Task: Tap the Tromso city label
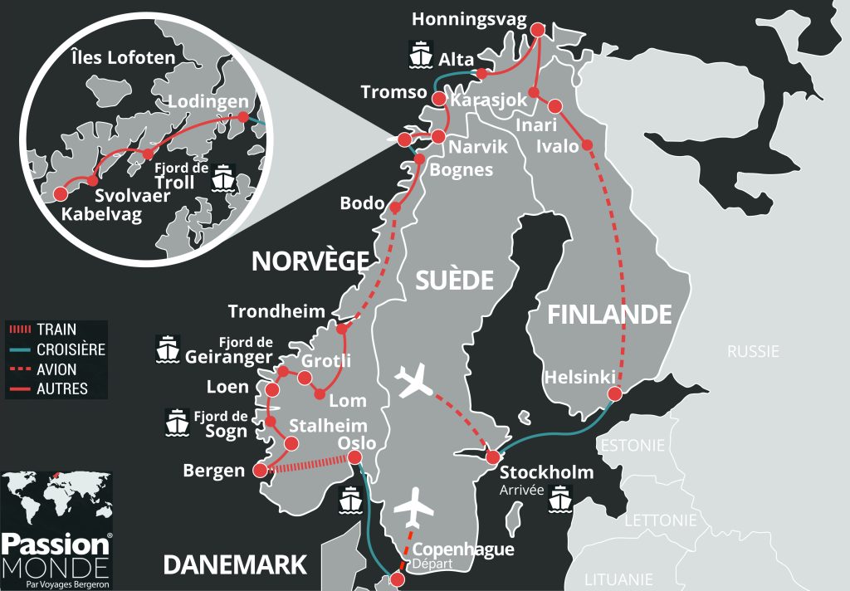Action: pyautogui.click(x=393, y=92)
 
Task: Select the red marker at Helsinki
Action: pyautogui.click(x=614, y=393)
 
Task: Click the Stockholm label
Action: pyautogui.click(x=546, y=472)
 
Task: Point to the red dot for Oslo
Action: pyautogui.click(x=354, y=457)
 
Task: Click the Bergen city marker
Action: pyautogui.click(x=260, y=471)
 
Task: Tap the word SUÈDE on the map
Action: pyautogui.click(x=456, y=280)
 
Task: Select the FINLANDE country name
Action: pyautogui.click(x=608, y=315)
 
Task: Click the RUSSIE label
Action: pyautogui.click(x=753, y=351)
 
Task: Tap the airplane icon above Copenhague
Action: pyautogui.click(x=415, y=506)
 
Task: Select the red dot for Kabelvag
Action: pyautogui.click(x=60, y=194)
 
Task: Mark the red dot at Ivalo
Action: pyautogui.click(x=588, y=145)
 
